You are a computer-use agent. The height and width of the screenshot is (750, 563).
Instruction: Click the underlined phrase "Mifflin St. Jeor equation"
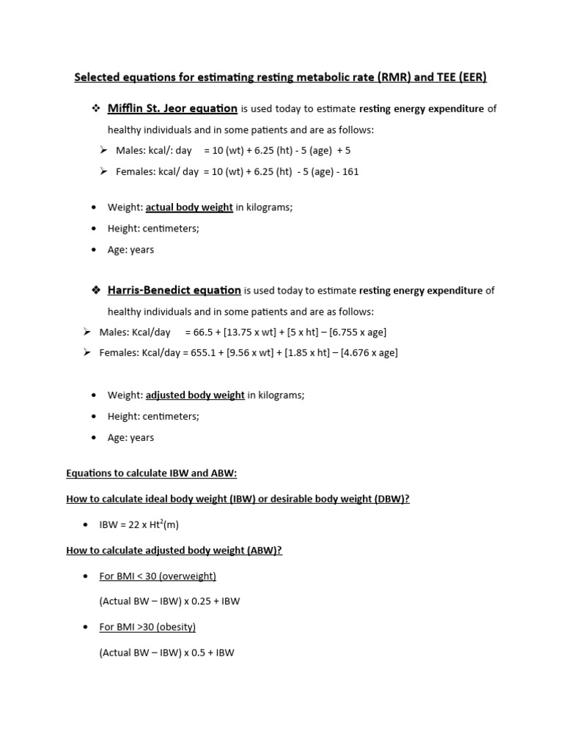point(172,109)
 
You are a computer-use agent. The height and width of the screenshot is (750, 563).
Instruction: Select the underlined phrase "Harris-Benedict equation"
point(174,290)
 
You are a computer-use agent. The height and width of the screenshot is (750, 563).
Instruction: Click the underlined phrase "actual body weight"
point(189,207)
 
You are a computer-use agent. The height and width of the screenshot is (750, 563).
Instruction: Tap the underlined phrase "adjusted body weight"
point(195,395)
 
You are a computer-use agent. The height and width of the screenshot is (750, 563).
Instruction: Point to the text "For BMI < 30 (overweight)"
point(158,576)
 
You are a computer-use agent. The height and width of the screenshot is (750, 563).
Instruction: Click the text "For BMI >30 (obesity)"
point(147,627)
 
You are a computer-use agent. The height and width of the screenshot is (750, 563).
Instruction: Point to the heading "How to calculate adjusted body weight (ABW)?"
point(174,551)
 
